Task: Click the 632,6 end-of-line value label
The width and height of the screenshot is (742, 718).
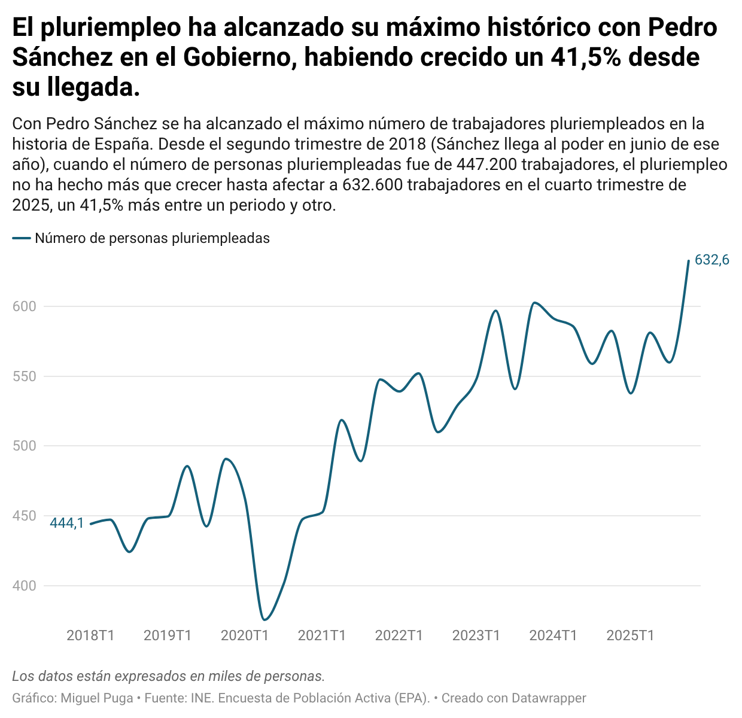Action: tap(711, 260)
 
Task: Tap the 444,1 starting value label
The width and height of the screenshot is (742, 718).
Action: tap(66, 523)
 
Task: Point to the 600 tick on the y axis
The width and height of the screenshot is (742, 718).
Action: tap(24, 306)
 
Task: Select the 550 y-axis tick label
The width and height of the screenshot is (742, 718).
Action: tap(24, 376)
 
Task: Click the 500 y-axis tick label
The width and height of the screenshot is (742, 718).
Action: tap(24, 446)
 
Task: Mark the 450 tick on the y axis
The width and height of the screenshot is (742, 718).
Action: tap(24, 516)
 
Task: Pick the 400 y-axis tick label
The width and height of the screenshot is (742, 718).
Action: tap(24, 586)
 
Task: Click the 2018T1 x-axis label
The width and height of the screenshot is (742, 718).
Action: tap(90, 635)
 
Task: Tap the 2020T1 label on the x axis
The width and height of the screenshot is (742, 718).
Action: tap(245, 635)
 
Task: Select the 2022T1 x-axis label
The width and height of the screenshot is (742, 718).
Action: tap(399, 635)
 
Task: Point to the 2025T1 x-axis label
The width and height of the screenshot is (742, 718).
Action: tap(630, 635)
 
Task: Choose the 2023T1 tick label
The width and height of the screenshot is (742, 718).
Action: tap(476, 635)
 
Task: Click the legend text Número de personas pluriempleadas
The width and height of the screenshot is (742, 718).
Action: tap(152, 238)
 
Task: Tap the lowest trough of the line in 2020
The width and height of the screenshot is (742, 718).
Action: tap(264, 619)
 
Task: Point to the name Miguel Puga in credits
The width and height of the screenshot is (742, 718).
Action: tap(97, 698)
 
